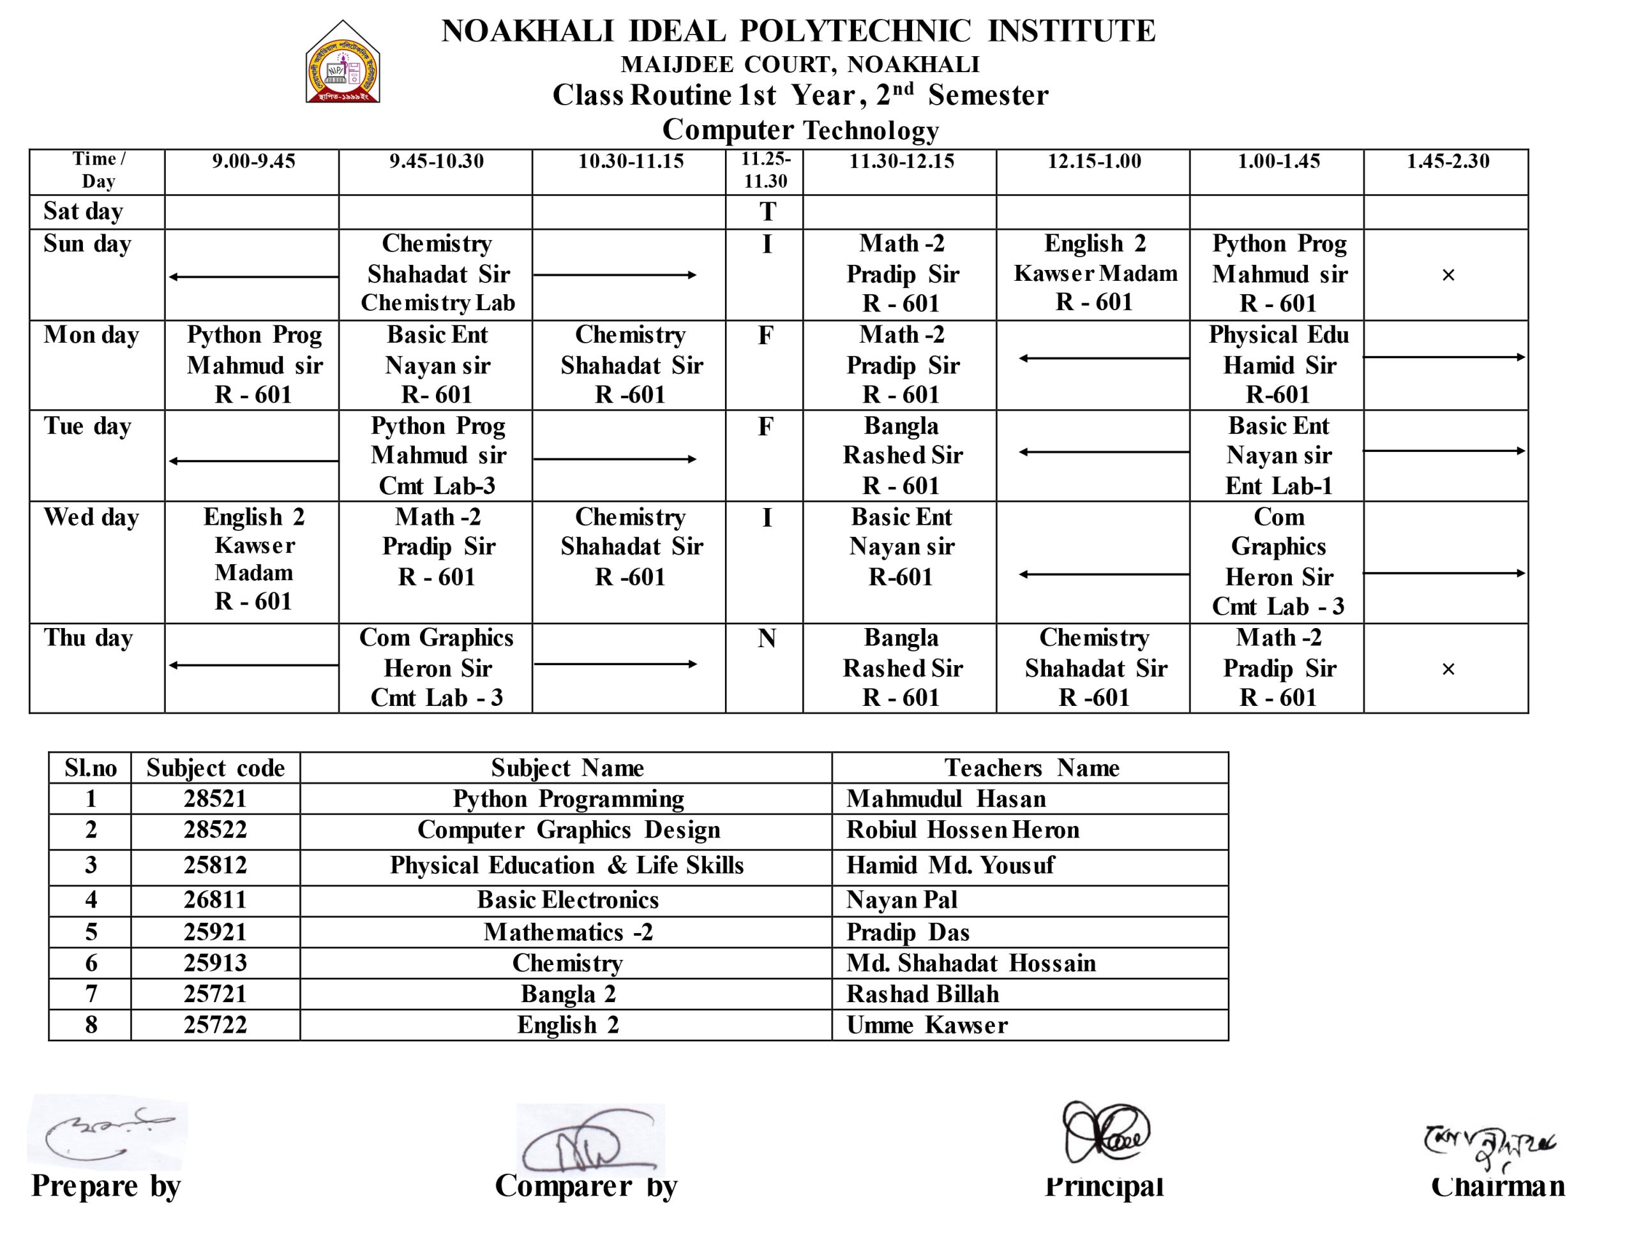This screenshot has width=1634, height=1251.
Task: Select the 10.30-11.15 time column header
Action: tap(630, 161)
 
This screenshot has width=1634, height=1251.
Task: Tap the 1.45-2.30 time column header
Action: tap(1447, 161)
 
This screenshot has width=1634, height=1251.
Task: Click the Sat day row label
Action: tap(83, 211)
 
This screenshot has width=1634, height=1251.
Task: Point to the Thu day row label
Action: tap(88, 638)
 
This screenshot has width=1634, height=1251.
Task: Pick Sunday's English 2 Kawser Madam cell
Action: tap(1094, 273)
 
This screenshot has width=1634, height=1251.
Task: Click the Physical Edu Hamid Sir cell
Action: tap(1278, 365)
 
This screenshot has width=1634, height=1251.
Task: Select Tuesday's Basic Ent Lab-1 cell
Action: tap(1278, 456)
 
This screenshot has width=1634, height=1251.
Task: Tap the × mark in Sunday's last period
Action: tap(1448, 276)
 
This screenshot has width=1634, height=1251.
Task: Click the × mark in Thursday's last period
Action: tap(1448, 670)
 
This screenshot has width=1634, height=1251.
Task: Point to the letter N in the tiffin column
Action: tap(767, 639)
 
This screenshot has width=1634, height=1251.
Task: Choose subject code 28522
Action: tap(215, 830)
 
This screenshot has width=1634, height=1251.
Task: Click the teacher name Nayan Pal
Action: tap(901, 900)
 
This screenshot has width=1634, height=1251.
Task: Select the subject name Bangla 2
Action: tap(567, 994)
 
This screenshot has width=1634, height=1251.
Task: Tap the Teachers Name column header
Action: tap(1031, 768)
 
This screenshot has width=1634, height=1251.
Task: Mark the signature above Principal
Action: tap(1106, 1132)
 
